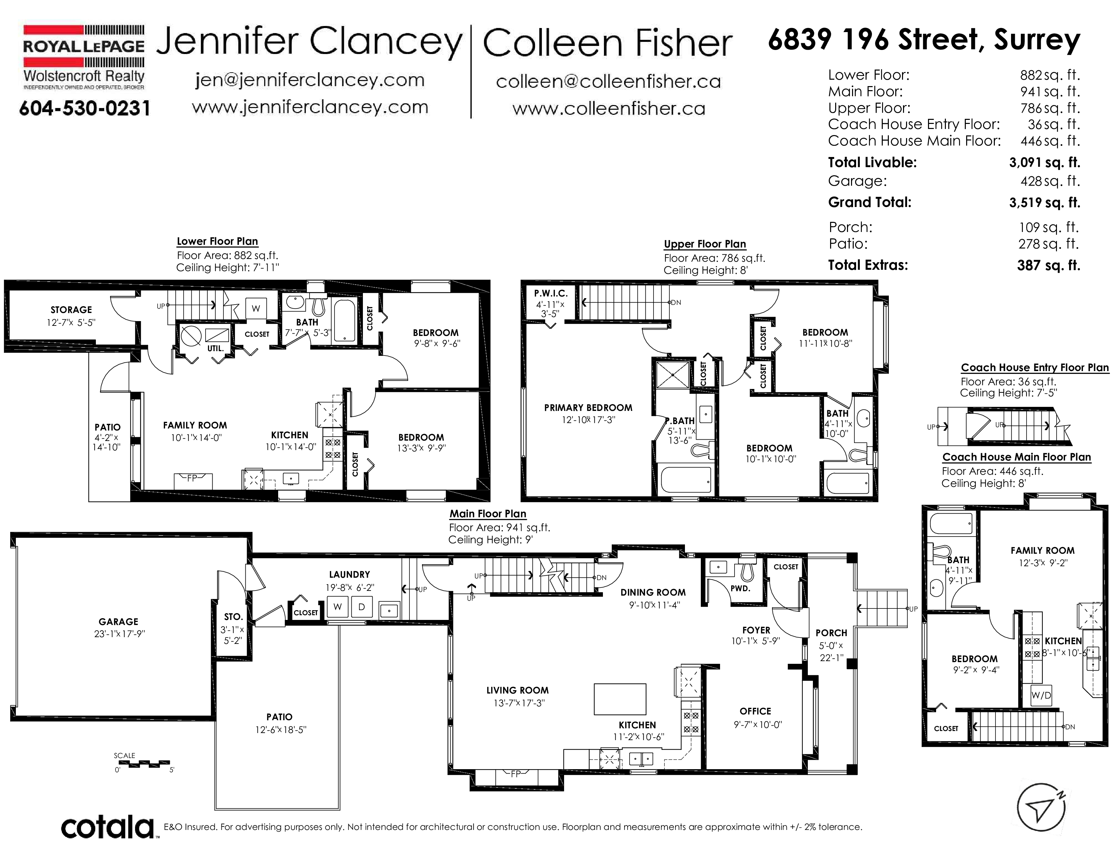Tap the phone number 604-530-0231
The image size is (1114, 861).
tap(85, 108)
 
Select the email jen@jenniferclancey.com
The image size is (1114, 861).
tap(310, 80)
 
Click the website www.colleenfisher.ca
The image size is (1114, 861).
tap(609, 109)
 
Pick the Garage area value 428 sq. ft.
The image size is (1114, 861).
tap(1050, 181)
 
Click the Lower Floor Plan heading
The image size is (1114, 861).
tap(217, 241)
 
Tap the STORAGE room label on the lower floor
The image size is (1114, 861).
tap(72, 310)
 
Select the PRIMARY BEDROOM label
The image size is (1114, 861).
tap(588, 408)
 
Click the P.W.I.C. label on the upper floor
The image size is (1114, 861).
tap(551, 293)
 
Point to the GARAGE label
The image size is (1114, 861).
tap(118, 621)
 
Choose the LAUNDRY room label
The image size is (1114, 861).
tap(349, 574)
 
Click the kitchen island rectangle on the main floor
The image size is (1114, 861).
tap(620, 699)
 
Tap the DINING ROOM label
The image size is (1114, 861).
tap(653, 592)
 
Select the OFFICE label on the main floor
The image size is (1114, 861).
tap(755, 711)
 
